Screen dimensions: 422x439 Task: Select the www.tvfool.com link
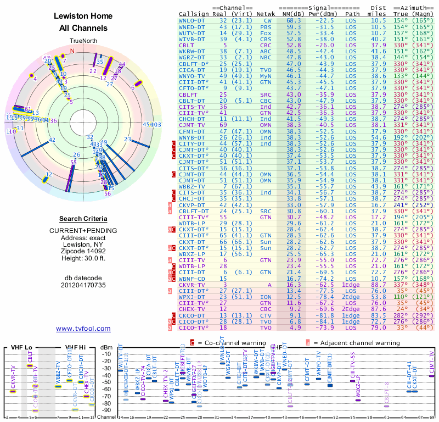click(83, 329)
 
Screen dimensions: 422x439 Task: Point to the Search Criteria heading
click(83, 219)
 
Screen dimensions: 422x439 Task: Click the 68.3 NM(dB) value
click(292, 20)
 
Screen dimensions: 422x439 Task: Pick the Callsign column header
click(194, 14)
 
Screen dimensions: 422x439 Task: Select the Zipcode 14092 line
click(83, 249)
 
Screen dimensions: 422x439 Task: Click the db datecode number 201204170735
click(83, 285)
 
